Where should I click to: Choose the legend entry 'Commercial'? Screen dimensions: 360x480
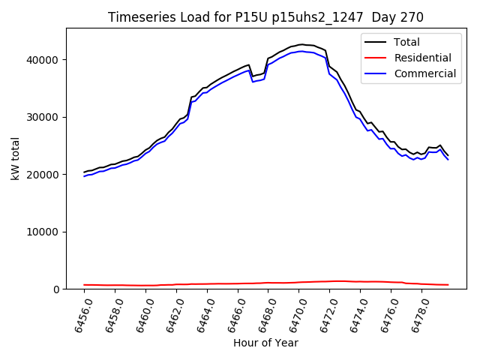click(x=424, y=73)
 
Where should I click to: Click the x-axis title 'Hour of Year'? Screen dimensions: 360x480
click(x=265, y=343)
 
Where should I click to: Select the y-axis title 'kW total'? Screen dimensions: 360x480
click(x=15, y=159)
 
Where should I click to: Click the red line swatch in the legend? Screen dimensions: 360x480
click(x=376, y=58)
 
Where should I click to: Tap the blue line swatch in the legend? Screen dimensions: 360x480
click(x=376, y=73)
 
